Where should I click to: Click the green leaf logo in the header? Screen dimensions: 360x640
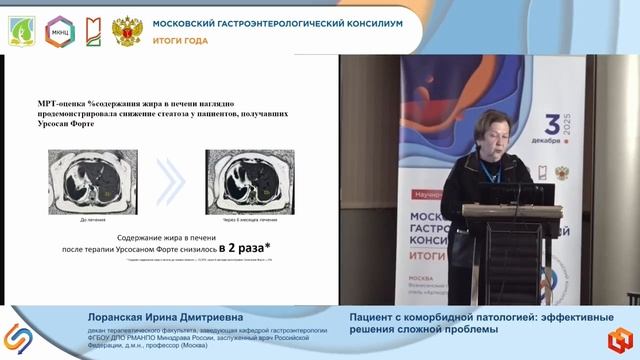(21, 29)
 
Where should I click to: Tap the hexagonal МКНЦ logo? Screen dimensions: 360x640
(55, 29)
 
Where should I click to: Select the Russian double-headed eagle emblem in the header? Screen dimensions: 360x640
(127, 29)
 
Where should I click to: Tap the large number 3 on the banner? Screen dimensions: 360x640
(553, 127)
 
